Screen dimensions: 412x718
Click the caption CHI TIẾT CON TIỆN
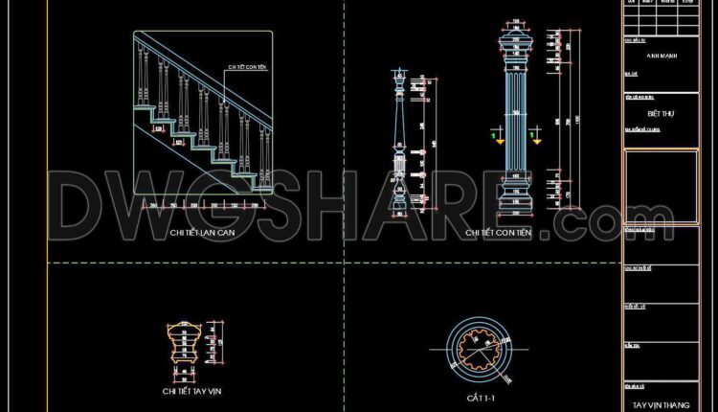coord(499,233)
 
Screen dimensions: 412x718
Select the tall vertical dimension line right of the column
coord(572,120)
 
